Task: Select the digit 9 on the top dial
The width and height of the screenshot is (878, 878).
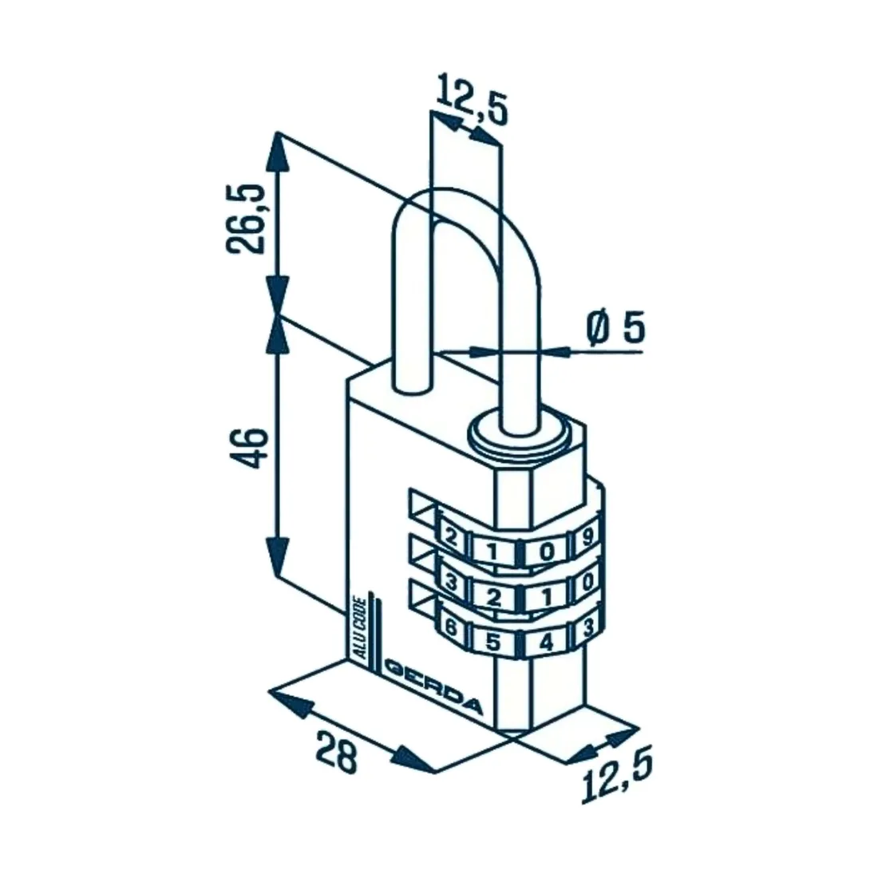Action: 587,537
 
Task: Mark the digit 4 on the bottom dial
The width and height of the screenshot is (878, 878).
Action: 546,642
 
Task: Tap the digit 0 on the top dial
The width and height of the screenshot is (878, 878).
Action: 546,552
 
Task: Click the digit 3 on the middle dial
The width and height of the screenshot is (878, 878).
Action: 450,583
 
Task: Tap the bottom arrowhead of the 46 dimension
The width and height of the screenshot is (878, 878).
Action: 277,557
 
